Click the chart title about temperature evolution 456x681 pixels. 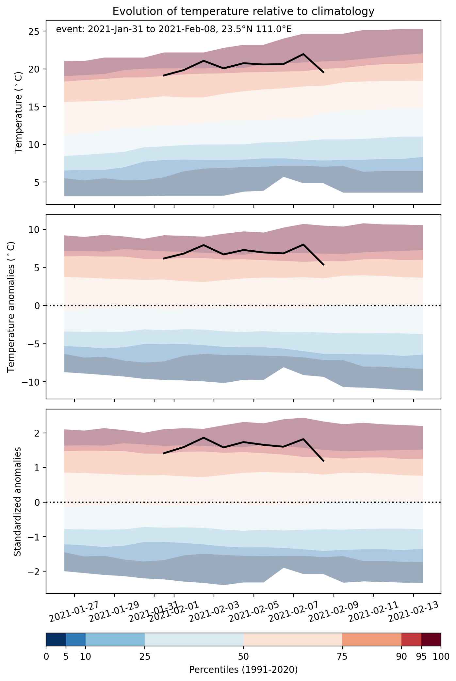click(243, 11)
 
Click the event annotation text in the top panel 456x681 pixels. click(174, 29)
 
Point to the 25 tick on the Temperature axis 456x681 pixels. click(34, 32)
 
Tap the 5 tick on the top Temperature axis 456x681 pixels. click(37, 182)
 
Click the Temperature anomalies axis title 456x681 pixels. click(11, 307)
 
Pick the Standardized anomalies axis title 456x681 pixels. click(18, 501)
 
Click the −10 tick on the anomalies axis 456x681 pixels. click(32, 382)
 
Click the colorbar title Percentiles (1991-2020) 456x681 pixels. click(243, 670)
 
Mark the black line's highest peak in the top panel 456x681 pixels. click(303, 54)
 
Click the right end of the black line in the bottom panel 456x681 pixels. click(323, 461)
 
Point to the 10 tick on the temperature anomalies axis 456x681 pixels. click(34, 230)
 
